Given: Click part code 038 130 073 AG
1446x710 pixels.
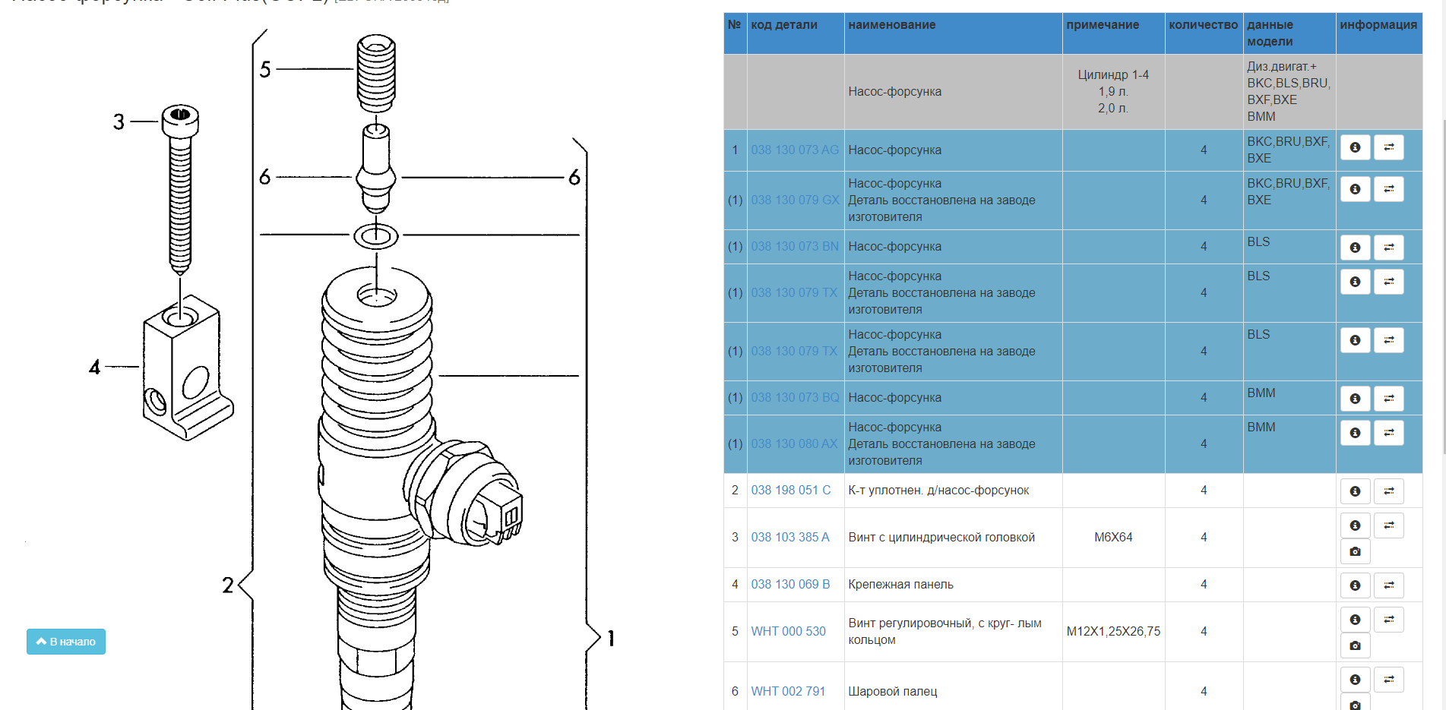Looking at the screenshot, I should [x=794, y=150].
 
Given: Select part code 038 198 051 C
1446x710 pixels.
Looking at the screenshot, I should [x=790, y=490].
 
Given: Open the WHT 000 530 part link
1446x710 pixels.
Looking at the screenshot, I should [x=788, y=631].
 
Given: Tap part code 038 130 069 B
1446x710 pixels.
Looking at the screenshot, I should [x=790, y=584].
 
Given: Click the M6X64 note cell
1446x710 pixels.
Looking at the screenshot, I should [x=1112, y=537].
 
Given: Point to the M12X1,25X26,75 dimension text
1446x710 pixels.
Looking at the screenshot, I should [x=1112, y=631].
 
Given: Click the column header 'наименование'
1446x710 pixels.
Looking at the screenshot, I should [x=891, y=25].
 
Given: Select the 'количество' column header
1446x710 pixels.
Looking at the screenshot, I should [x=1203, y=25].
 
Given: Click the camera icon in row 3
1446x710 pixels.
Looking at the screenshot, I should [x=1355, y=551].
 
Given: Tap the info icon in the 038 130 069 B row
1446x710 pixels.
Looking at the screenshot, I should [x=1355, y=585].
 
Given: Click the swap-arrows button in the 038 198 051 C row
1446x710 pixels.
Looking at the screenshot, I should [x=1388, y=491].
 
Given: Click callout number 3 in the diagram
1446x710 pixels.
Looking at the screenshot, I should [x=119, y=121].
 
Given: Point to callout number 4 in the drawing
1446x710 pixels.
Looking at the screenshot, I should [x=94, y=368].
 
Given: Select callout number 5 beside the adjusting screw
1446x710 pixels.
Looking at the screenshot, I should [x=264, y=70].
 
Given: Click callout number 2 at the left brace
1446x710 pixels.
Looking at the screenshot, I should [x=227, y=585].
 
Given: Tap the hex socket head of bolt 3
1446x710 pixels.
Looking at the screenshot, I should [x=180, y=116].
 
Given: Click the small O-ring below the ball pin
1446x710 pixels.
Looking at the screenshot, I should [x=375, y=235].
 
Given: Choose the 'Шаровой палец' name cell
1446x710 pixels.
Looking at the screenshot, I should [x=892, y=691].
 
